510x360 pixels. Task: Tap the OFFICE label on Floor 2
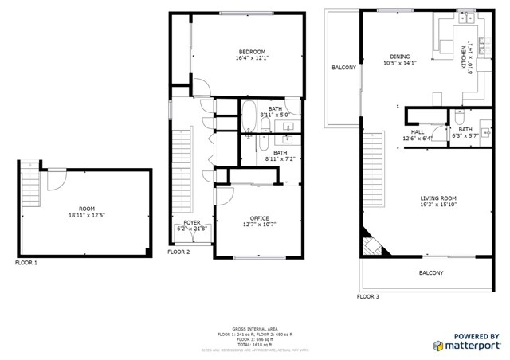point(259,218)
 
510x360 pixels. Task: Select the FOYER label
point(192,223)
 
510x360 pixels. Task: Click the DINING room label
point(399,57)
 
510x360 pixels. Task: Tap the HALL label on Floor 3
point(417,132)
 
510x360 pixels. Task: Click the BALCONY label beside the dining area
point(343,68)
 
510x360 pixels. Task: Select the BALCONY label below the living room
point(431,273)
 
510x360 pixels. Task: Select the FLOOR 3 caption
point(368,296)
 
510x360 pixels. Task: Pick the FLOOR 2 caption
point(178,252)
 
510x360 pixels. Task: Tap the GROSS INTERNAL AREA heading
point(254,328)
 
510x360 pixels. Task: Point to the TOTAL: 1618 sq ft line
point(254,343)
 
